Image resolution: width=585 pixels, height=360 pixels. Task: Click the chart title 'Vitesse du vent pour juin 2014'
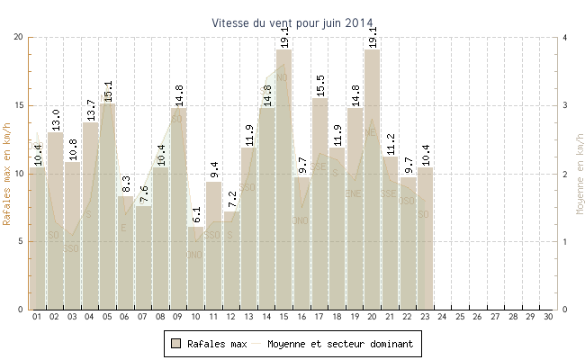tap(292, 22)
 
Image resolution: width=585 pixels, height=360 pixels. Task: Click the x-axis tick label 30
tap(548, 317)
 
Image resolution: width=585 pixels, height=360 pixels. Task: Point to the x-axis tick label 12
tap(230, 317)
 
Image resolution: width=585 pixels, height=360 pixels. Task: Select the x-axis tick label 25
tap(460, 317)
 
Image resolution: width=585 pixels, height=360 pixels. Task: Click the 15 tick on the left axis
tap(18, 105)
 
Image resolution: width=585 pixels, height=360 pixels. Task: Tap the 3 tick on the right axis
tap(564, 105)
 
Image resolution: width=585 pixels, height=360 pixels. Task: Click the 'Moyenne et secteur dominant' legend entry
tap(333, 344)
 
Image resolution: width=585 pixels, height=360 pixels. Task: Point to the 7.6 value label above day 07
tap(143, 194)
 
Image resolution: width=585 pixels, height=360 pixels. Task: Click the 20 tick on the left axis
tap(18, 37)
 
